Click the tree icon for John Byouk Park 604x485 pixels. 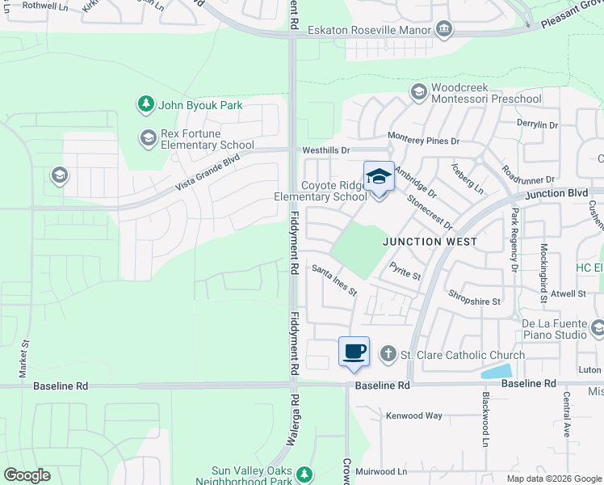(x=145, y=104)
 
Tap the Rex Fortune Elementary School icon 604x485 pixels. (x=147, y=138)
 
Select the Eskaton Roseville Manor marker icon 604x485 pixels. (x=443, y=30)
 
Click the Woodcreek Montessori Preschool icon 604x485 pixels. (x=418, y=92)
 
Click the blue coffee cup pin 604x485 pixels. (x=354, y=352)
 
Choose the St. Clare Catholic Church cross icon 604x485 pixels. (x=388, y=354)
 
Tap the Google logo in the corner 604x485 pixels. (x=27, y=474)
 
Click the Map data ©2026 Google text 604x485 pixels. (x=553, y=478)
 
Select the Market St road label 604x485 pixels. (x=25, y=355)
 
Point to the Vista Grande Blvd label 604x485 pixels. (x=208, y=174)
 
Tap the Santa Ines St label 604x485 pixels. (x=334, y=280)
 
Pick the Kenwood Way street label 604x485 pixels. (x=414, y=415)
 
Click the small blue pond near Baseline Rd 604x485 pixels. (x=495, y=372)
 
